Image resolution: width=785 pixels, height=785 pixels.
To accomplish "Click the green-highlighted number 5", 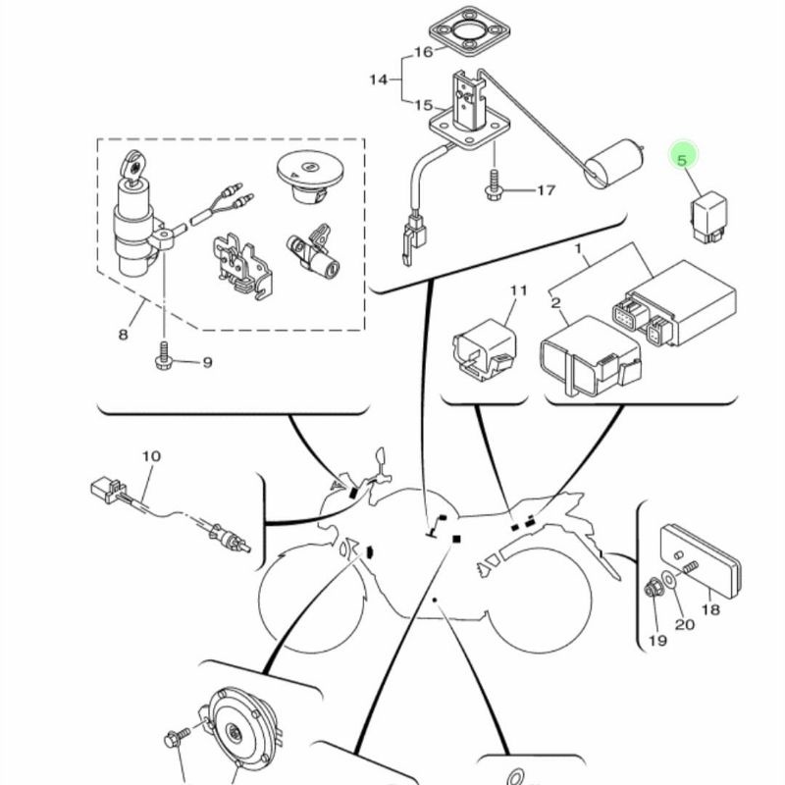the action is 681,160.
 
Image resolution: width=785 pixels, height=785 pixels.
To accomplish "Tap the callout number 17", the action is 546,190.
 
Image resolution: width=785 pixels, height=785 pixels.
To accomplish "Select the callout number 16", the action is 423,52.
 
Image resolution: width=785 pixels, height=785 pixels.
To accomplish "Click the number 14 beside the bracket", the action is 379,79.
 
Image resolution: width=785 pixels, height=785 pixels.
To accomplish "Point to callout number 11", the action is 519,290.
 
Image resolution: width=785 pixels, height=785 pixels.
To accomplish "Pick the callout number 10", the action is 151,456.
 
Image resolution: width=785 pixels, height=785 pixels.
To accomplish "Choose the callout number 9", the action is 207,362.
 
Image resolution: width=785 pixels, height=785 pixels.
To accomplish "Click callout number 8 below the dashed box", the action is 124,334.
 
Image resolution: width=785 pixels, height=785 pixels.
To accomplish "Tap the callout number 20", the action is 684,624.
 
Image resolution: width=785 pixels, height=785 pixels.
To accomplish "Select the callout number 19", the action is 657,641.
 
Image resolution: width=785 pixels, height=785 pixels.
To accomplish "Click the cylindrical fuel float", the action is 614,164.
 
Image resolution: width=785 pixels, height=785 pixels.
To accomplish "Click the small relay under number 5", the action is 708,219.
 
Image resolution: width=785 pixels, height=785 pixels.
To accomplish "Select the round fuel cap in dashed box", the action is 309,177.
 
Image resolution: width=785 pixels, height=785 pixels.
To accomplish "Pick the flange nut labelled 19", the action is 652,589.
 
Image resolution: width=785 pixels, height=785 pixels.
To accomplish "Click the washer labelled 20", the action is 669,579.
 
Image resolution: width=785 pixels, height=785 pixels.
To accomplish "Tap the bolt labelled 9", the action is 164,356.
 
